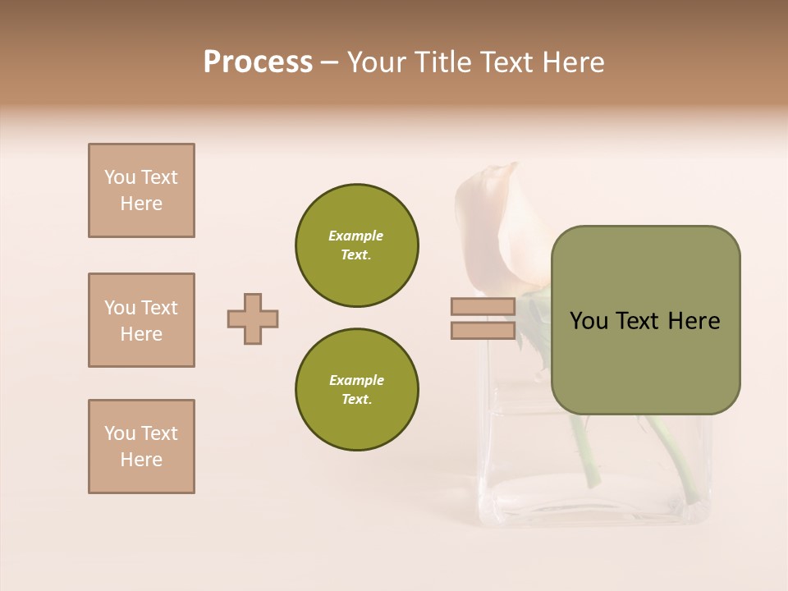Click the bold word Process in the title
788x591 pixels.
[258, 62]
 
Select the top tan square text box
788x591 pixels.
[141, 190]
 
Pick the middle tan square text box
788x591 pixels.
[141, 320]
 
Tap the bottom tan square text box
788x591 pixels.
[141, 447]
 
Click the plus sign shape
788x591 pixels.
[253, 318]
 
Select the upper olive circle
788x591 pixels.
[357, 245]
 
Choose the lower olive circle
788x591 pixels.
[357, 390]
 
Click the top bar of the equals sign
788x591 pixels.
[483, 307]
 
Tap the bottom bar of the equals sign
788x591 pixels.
[483, 331]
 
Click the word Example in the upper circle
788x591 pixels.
[356, 236]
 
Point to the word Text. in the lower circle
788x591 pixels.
[356, 400]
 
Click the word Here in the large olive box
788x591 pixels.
[694, 321]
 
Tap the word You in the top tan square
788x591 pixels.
[120, 177]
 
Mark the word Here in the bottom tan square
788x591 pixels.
[141, 460]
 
